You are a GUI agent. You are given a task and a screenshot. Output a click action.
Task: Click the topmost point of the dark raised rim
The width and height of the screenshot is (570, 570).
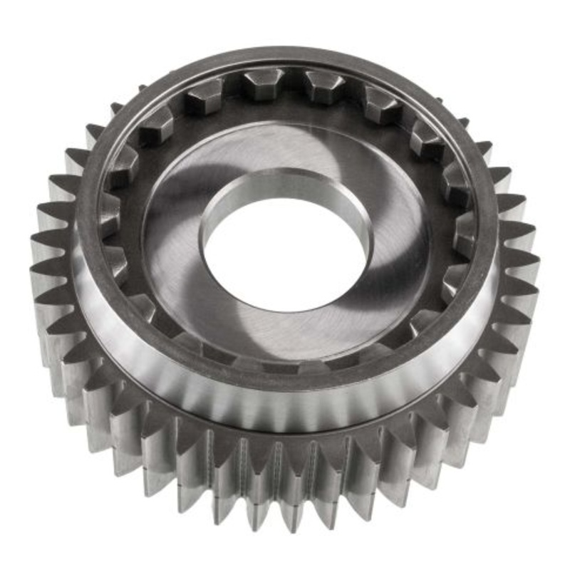(292, 56)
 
